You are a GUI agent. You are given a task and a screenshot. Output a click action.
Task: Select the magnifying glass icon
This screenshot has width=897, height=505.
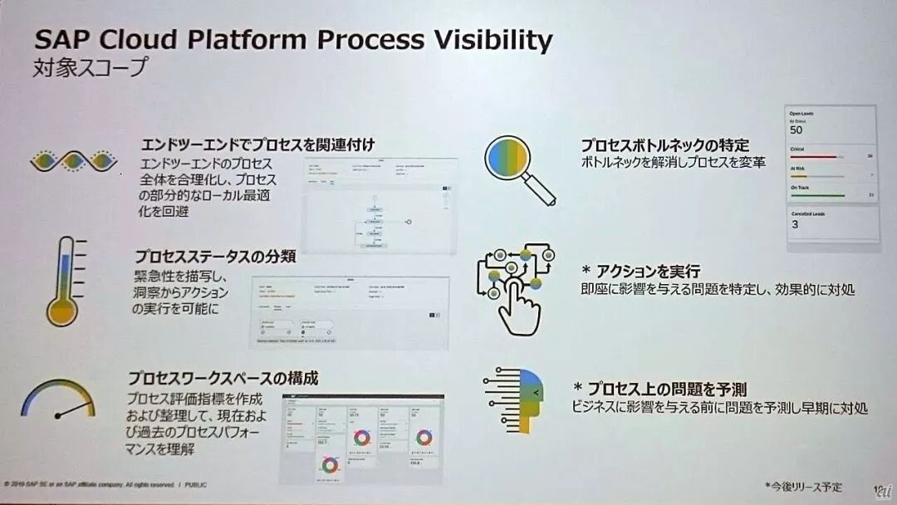pyautogui.click(x=518, y=169)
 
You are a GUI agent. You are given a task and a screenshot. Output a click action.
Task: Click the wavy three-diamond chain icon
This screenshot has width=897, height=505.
pyautogui.click(x=73, y=160)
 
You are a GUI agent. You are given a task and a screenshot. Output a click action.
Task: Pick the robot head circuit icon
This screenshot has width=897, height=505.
pyautogui.click(x=515, y=400)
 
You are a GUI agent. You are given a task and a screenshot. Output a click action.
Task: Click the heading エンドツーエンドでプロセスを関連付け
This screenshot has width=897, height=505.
pyautogui.click(x=258, y=144)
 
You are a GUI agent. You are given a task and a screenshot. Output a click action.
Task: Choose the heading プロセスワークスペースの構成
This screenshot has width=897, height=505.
pyautogui.click(x=223, y=378)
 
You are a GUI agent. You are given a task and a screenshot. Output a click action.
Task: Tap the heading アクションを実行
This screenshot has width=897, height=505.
pyautogui.click(x=648, y=272)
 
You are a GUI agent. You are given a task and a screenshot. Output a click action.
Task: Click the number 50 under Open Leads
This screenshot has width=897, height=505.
pyautogui.click(x=797, y=130)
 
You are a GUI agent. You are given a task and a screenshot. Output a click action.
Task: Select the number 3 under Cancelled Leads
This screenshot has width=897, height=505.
pyautogui.click(x=795, y=224)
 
